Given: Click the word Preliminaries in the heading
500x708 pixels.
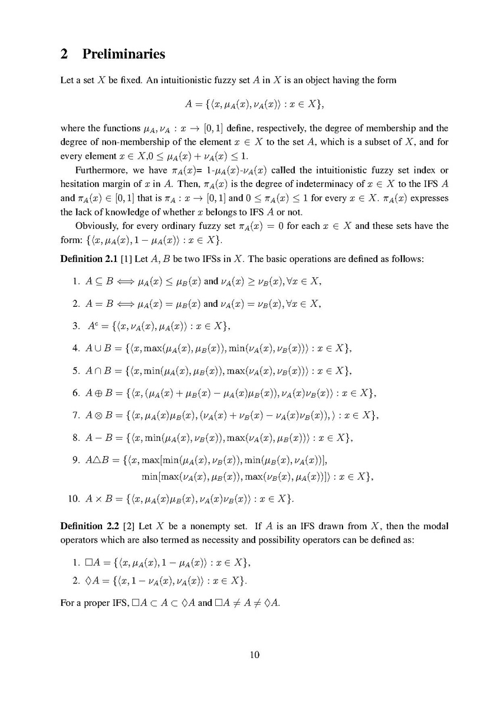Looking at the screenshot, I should point(124,54).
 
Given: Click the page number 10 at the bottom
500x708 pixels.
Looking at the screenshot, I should point(254,654).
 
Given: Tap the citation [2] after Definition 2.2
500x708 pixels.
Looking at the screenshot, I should point(125,525).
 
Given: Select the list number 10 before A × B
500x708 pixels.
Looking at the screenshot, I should point(74,499).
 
